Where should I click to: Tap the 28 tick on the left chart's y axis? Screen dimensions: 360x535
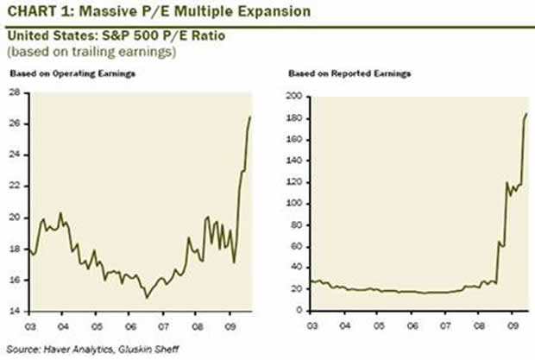[x=16, y=92]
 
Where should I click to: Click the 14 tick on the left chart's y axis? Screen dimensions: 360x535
[x=16, y=311]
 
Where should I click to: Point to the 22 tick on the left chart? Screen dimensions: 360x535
[x=16, y=186]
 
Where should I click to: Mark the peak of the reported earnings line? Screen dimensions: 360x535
[x=526, y=113]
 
